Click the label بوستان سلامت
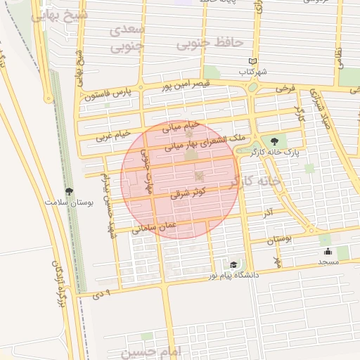click(x=69, y=202)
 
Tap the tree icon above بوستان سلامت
click(x=69, y=191)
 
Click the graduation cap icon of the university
click(x=233, y=264)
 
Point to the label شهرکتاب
click(x=252, y=72)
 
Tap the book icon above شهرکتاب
click(x=252, y=62)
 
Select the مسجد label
click(x=328, y=261)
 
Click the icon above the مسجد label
click(x=327, y=251)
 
